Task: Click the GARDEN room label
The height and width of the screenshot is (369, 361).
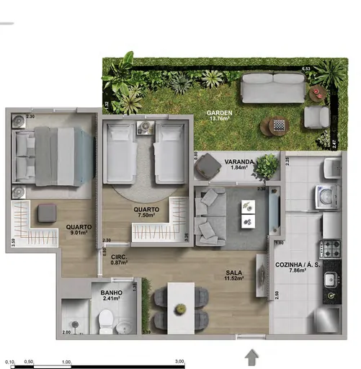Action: click(218, 113)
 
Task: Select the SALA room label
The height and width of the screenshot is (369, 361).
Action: click(233, 272)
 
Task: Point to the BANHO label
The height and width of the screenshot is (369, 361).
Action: click(111, 292)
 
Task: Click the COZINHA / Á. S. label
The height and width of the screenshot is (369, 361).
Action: click(298, 264)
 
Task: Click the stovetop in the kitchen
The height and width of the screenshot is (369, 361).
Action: click(331, 249)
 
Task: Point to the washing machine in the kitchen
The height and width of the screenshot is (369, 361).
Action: click(326, 196)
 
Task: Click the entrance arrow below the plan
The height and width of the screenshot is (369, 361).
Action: click(252, 355)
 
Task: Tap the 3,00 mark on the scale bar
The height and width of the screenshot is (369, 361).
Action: click(179, 362)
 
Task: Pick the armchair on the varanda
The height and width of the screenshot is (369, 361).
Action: click(209, 167)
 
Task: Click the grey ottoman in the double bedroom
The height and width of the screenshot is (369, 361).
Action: click(48, 212)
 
